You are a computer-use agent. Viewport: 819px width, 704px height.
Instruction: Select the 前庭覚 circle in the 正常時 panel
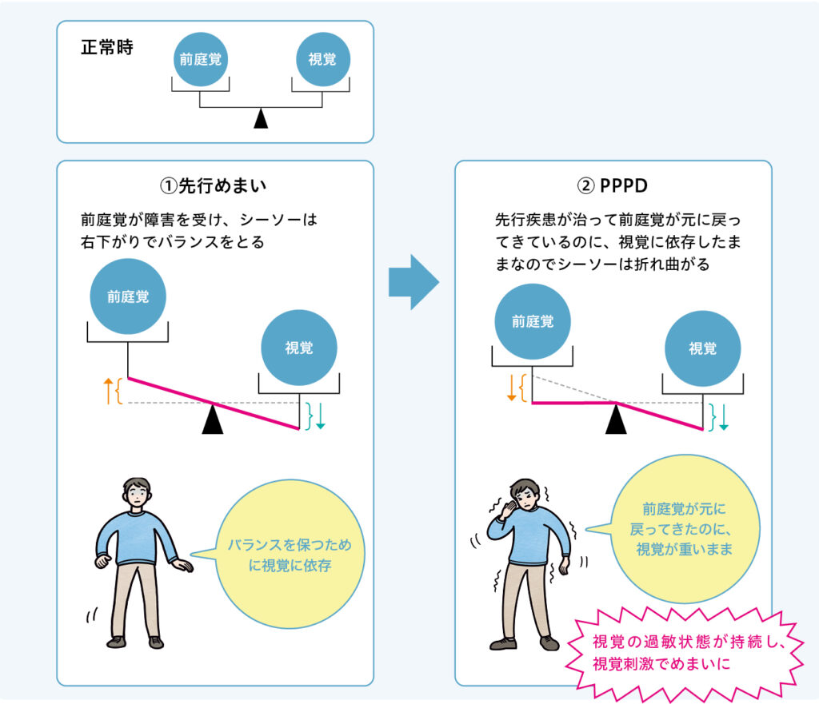coord(199,59)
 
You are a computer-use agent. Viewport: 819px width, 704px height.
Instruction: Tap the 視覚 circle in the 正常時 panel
coord(322,59)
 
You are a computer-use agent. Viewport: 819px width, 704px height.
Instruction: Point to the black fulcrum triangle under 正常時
coord(261,119)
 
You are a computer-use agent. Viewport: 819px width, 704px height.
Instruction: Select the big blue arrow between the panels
coord(413,282)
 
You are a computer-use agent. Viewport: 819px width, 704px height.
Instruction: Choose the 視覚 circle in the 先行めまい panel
coord(299,348)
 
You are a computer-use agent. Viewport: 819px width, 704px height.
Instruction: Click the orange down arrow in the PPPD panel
coord(511,388)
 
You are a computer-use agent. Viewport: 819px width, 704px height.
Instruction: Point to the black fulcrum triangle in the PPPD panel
coord(615,420)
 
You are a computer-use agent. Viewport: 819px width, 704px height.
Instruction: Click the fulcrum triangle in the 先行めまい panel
coord(213,420)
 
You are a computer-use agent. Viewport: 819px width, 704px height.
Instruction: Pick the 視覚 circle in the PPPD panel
coord(703,348)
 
